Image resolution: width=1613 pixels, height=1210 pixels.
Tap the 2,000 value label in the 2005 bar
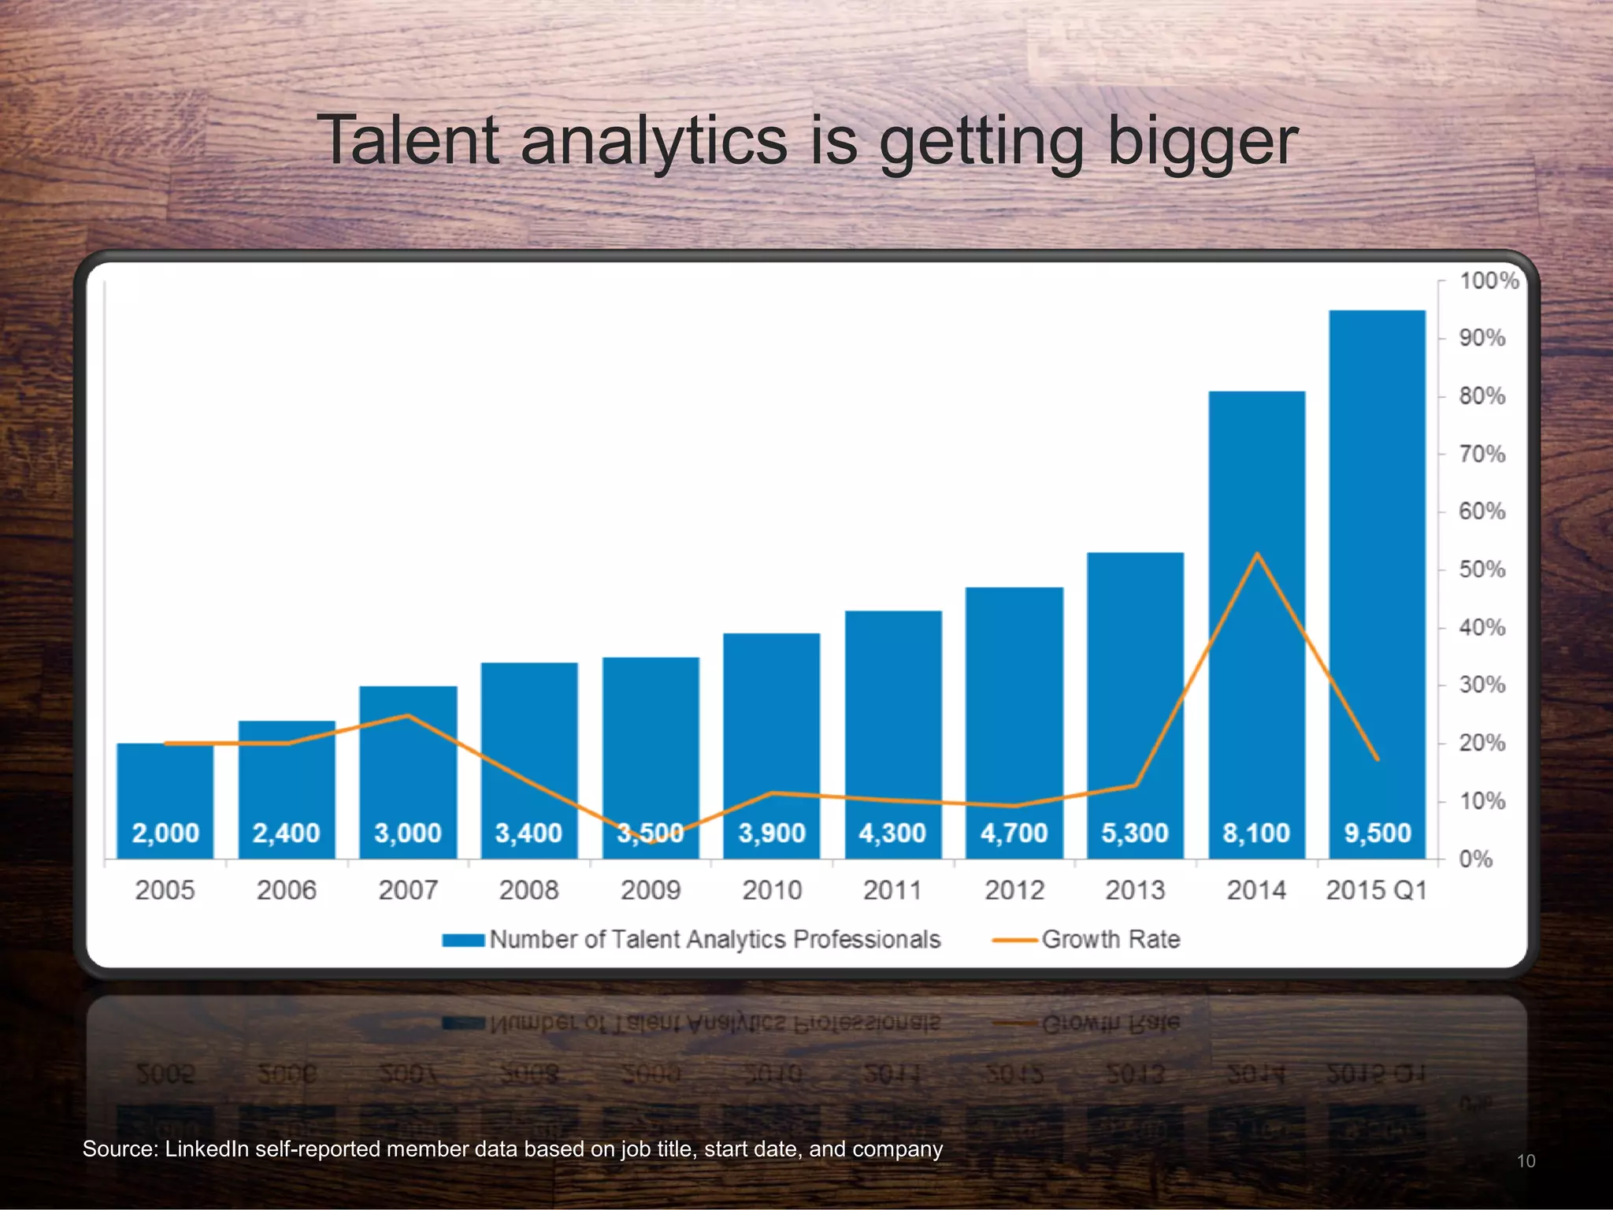click(x=165, y=833)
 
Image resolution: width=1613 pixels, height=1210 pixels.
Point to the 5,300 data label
click(x=1135, y=833)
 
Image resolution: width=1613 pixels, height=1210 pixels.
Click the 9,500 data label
click(x=1378, y=833)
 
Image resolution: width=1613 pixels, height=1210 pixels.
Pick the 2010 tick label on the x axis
click(x=772, y=890)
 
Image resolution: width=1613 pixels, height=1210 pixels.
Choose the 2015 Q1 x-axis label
click(x=1377, y=890)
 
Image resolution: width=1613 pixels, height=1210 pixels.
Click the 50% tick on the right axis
click(x=1481, y=570)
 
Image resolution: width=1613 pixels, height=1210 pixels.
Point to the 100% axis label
click(x=1489, y=280)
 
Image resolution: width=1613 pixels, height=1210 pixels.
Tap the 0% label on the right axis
click(x=1475, y=859)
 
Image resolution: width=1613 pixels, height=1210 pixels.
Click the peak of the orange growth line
click(x=1257, y=554)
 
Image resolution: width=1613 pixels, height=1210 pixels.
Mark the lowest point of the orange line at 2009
click(x=651, y=841)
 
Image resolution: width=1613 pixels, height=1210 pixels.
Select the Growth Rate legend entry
click(x=1111, y=939)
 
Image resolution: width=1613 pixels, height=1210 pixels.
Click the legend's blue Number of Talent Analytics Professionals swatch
click(x=463, y=940)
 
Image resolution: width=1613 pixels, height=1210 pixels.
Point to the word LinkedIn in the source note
click(x=206, y=1149)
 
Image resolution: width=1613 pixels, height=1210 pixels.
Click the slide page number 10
click(x=1526, y=1161)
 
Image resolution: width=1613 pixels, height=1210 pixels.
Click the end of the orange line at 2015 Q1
click(x=1378, y=759)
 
